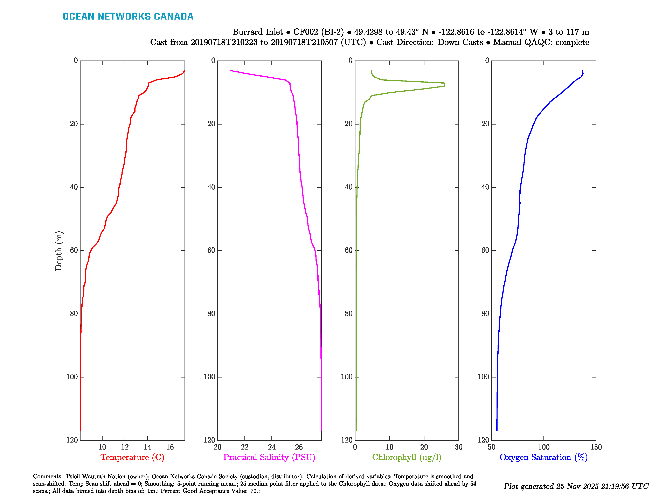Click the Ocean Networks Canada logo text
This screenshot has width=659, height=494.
128,16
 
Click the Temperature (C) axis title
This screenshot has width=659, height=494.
132,457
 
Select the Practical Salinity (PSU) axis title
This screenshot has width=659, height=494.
269,457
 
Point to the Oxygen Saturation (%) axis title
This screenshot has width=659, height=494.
543,457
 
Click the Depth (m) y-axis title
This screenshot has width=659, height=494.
58,251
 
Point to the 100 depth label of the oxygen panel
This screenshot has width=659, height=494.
483,377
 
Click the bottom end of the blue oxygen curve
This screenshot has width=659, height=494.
497,430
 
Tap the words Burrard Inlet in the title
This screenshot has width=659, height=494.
257,32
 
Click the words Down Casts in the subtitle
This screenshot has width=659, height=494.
460,42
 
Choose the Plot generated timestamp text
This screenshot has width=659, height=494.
576,486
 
